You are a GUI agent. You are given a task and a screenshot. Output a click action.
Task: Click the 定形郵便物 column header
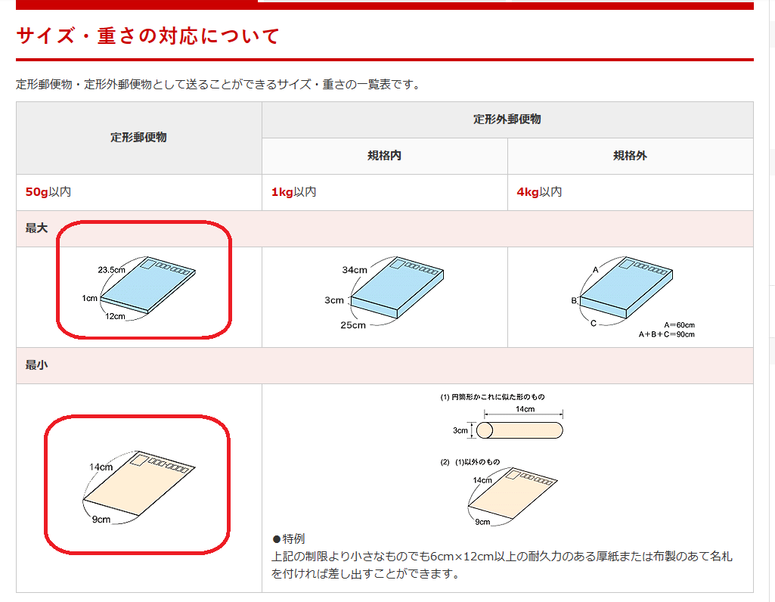[x=138, y=138]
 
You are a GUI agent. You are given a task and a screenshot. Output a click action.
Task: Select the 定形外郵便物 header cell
[x=507, y=119]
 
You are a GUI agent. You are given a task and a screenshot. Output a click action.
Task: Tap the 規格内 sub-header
[x=384, y=156]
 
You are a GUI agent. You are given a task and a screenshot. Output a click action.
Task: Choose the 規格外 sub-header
[x=630, y=156]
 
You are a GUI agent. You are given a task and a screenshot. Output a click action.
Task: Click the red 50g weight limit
[x=36, y=192]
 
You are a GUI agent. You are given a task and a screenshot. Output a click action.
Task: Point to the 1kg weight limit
[x=282, y=192]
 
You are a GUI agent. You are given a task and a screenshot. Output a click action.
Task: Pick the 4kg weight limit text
[x=527, y=192]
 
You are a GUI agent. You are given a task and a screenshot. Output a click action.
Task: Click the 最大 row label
[x=36, y=228]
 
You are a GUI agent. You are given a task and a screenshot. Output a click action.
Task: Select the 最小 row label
[x=36, y=365]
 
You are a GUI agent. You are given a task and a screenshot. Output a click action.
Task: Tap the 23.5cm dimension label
[x=111, y=270]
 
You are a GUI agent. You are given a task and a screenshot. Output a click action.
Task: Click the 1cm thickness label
[x=89, y=298]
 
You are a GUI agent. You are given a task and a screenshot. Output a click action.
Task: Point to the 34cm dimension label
[x=355, y=270]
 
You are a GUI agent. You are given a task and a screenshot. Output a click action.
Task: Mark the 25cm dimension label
[x=353, y=325]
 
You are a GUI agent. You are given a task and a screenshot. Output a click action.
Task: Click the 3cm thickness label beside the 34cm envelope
[x=333, y=300]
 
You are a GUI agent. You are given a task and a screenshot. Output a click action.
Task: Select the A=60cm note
[x=679, y=324]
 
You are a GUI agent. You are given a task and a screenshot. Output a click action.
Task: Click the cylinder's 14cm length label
[x=525, y=408]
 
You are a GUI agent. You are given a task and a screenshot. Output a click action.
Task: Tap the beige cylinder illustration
[x=519, y=430]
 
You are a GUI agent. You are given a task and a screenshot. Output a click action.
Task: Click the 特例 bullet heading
[x=289, y=538]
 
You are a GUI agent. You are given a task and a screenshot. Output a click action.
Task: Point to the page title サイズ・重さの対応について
[x=147, y=36]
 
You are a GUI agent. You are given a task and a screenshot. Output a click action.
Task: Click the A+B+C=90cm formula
[x=666, y=334]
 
